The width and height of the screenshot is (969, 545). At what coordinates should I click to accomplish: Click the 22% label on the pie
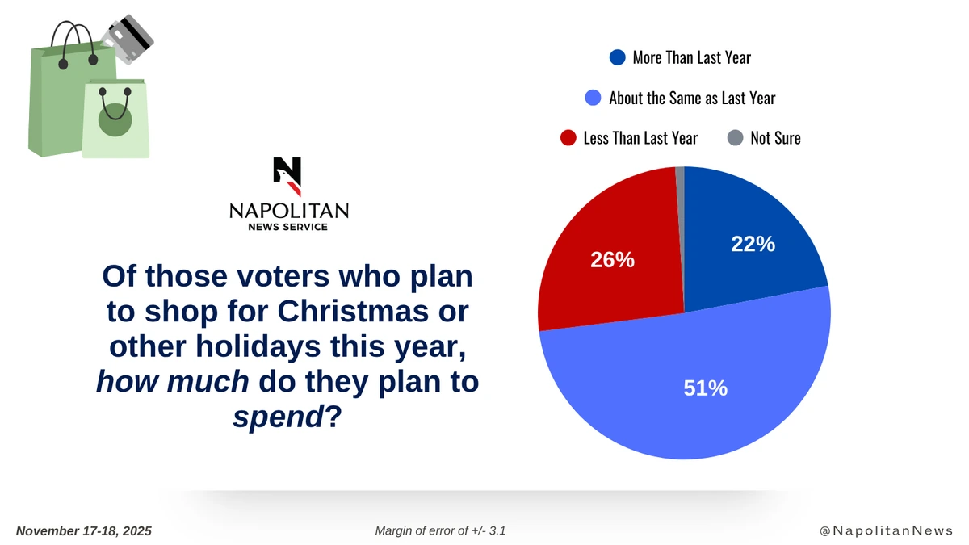point(753,244)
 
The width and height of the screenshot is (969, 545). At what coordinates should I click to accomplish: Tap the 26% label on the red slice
point(612,260)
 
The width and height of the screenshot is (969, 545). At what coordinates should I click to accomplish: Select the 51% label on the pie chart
point(706,388)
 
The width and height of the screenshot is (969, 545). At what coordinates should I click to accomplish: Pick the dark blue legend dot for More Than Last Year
point(618,57)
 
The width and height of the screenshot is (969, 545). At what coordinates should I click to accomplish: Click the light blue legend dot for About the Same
point(594,98)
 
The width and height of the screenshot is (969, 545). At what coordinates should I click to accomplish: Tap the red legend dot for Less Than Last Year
point(568,138)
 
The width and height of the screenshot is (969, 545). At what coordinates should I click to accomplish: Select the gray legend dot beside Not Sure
point(735,138)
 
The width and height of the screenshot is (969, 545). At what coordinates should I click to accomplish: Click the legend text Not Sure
point(775,138)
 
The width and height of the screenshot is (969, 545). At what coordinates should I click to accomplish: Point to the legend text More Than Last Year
point(691,57)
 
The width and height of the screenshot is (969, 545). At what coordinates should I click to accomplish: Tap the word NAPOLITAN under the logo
point(288,211)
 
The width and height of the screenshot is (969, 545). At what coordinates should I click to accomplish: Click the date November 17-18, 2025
point(84,530)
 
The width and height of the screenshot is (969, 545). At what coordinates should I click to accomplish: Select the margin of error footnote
point(440,530)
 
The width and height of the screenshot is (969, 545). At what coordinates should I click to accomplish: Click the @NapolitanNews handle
point(886,530)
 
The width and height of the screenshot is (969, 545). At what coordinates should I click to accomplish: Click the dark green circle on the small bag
point(115,119)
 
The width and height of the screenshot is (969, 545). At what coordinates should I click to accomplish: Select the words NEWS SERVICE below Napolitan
point(288,228)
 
